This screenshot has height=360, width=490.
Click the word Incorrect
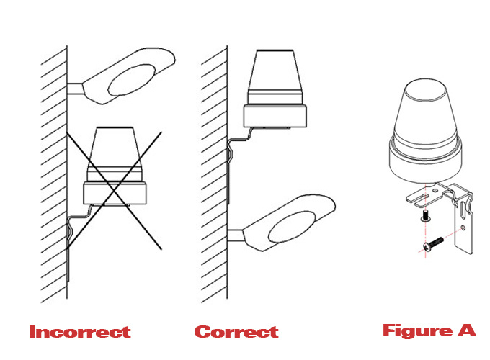point(80,332)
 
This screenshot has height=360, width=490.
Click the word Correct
point(236,332)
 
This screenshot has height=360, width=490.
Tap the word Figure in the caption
point(417,331)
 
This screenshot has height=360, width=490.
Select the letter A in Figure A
point(467,330)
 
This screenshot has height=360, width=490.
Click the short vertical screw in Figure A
point(425,216)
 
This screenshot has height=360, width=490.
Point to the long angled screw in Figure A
point(433,244)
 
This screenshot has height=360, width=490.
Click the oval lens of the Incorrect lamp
point(132,80)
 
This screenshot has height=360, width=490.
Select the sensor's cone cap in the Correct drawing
point(275,77)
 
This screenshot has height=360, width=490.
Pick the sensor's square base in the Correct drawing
point(275,116)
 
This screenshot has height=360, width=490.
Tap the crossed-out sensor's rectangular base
point(115,193)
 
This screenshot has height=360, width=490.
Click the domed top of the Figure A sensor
point(425,112)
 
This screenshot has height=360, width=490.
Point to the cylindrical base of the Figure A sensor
point(425,162)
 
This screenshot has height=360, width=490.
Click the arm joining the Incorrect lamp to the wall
point(76,89)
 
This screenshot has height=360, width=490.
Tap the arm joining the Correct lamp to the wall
point(236,235)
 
